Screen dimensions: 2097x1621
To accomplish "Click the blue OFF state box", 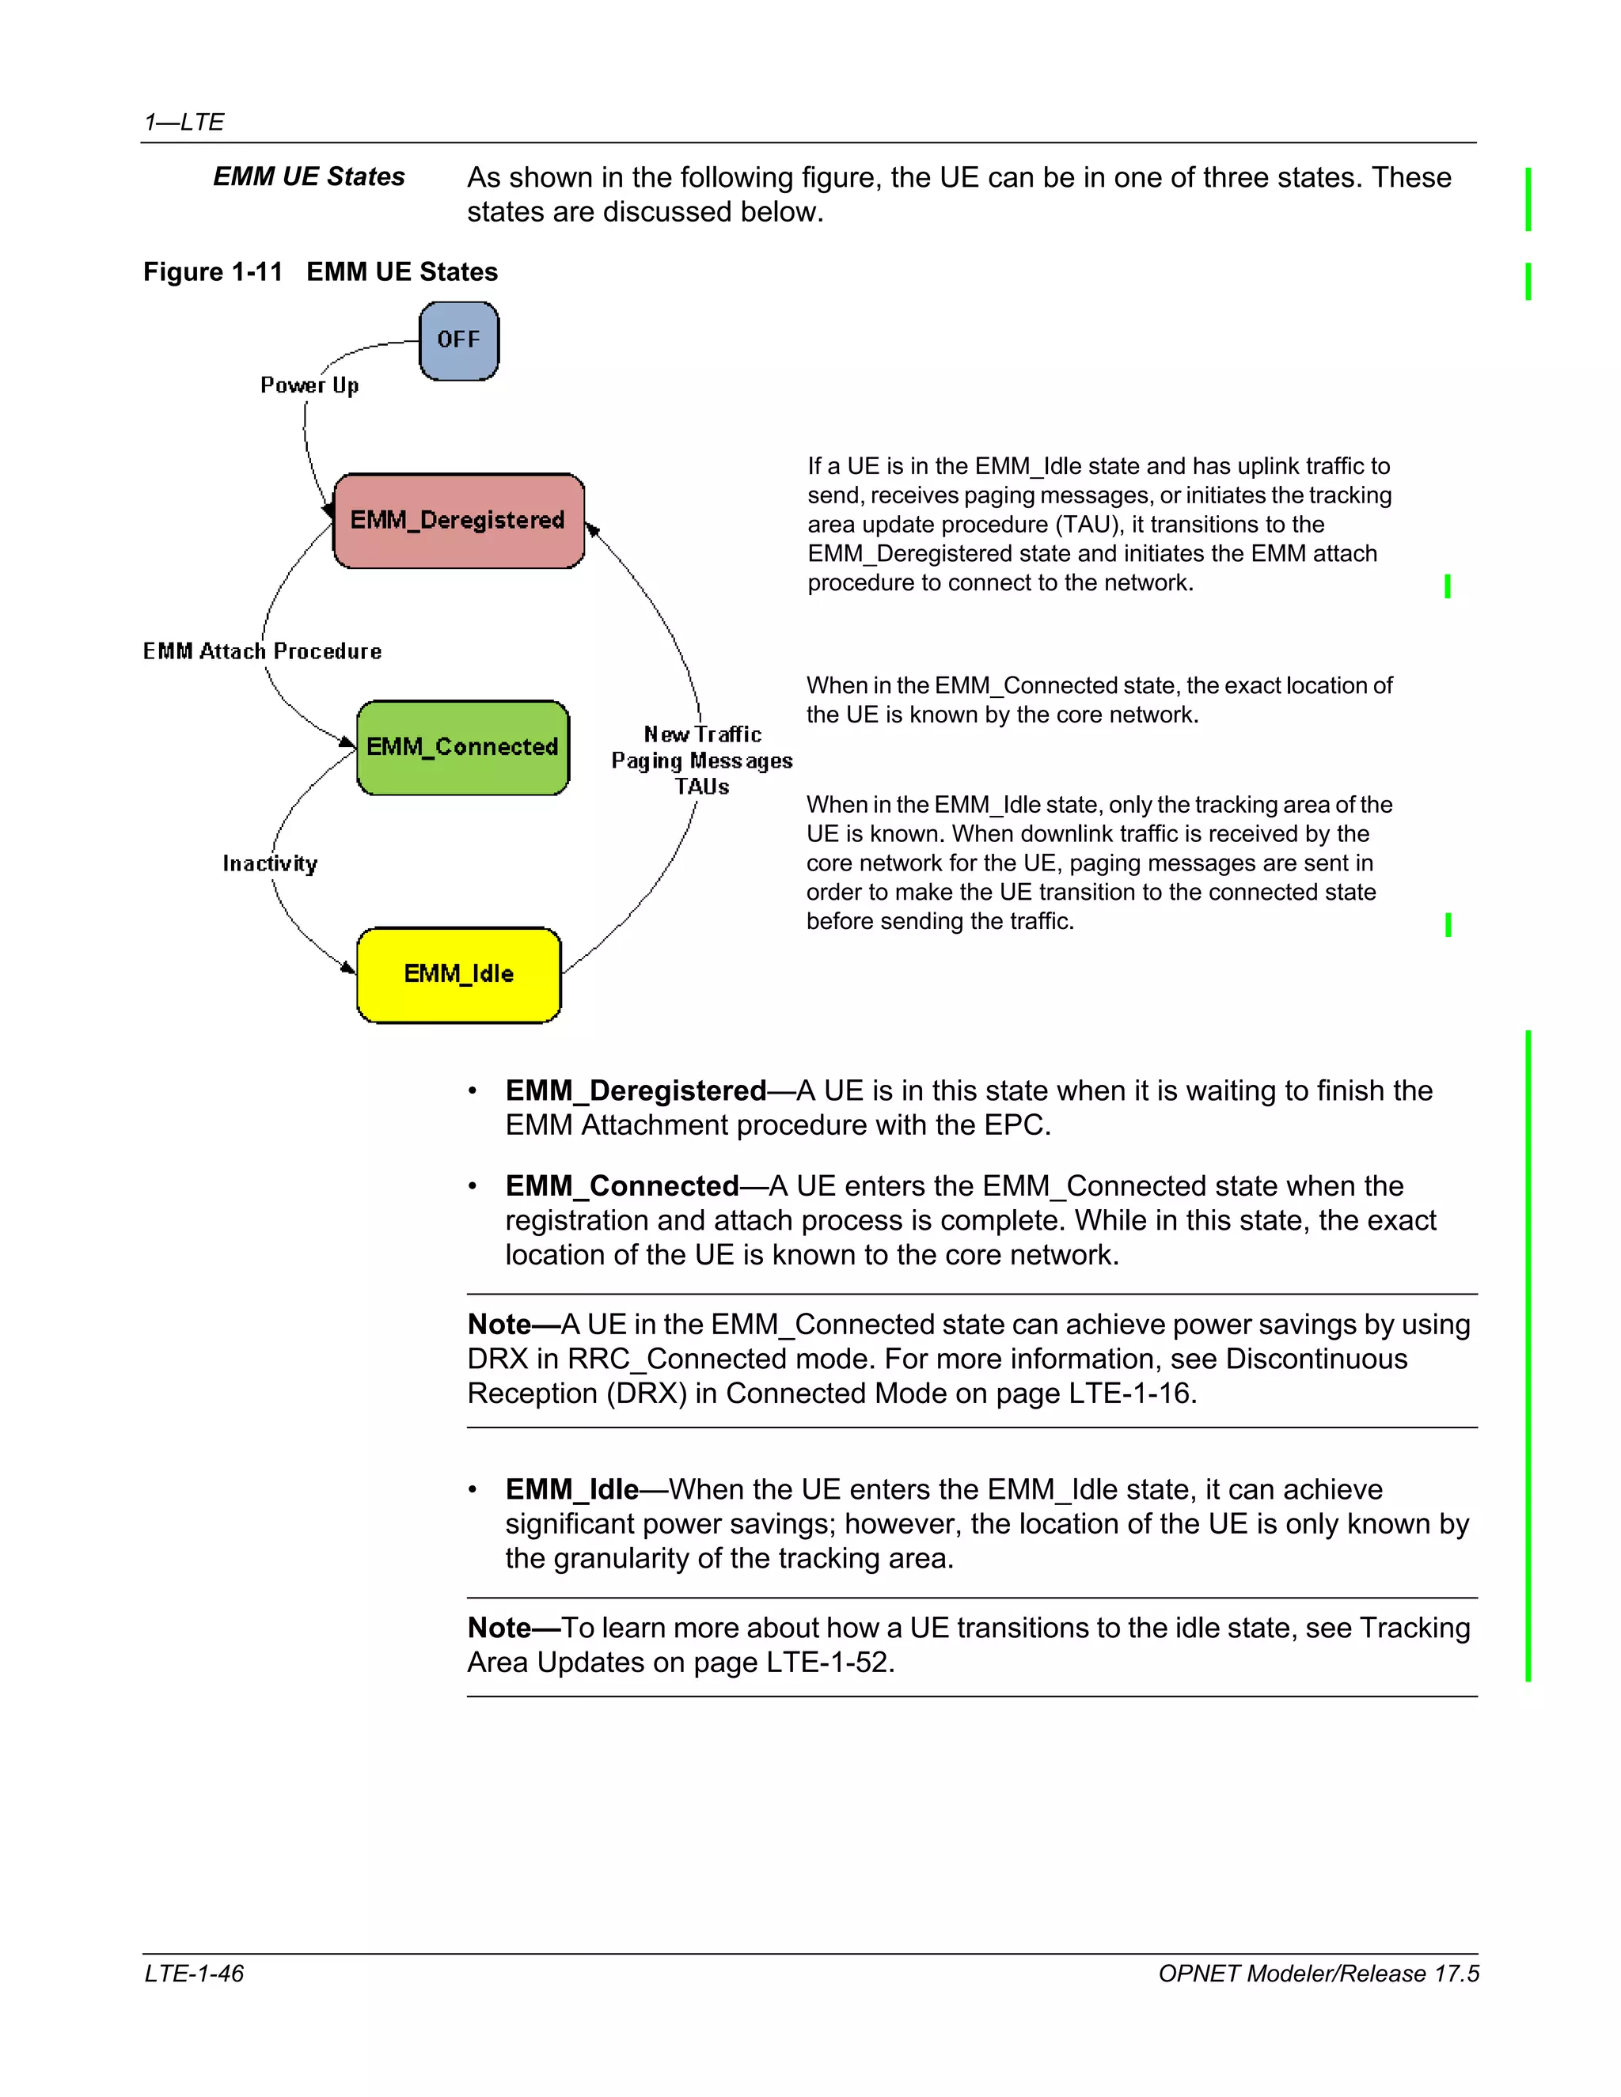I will click(x=459, y=341).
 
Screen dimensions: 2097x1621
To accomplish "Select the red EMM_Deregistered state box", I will click(x=458, y=521).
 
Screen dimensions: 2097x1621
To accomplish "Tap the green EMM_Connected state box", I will click(x=462, y=747).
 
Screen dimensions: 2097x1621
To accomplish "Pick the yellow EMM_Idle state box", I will click(x=458, y=975).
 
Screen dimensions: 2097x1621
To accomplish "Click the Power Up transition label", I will click(x=309, y=385).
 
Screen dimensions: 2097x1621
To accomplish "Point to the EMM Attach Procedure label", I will click(x=262, y=651).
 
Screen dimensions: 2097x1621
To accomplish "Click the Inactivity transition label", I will click(x=270, y=863).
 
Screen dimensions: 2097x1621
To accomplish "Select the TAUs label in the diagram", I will click(x=701, y=787).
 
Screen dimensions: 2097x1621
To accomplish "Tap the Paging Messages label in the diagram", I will click(x=701, y=760).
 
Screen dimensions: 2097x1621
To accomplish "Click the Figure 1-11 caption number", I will click(x=212, y=271).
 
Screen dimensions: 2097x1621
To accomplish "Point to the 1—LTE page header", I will click(x=184, y=122).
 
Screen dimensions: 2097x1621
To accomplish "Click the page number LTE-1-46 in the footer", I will click(x=194, y=1973).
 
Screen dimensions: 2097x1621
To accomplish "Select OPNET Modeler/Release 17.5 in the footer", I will click(x=1318, y=1973).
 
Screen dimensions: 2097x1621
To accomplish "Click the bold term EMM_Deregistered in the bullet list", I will click(x=636, y=1090).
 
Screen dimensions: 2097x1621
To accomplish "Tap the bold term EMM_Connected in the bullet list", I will click(x=622, y=1186).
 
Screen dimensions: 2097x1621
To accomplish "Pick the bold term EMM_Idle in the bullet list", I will click(x=571, y=1489).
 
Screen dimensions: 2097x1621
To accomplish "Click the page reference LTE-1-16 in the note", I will click(x=1129, y=1394).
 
